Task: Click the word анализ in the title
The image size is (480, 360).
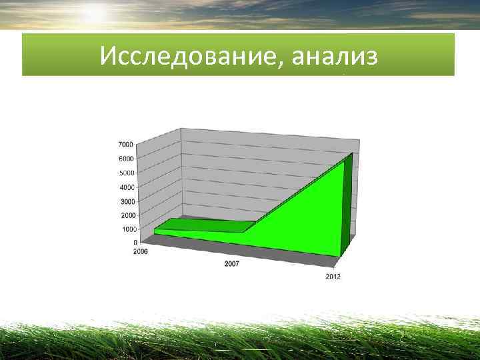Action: (x=334, y=56)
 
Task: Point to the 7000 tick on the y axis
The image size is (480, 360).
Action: (x=125, y=144)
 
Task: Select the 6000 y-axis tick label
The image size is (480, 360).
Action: (x=126, y=159)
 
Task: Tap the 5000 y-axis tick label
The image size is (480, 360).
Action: (x=127, y=173)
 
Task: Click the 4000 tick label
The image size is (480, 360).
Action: (x=127, y=187)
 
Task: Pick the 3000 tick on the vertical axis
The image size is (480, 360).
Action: (x=127, y=201)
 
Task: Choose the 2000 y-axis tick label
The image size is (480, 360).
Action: (x=128, y=215)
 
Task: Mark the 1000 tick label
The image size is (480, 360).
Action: (x=129, y=229)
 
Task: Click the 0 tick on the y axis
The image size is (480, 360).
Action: (x=135, y=243)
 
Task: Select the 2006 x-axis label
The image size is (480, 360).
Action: (x=141, y=252)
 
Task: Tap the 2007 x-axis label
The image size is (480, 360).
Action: (x=232, y=264)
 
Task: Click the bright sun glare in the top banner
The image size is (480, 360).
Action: (x=94, y=13)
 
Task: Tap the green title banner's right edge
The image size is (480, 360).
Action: (x=454, y=55)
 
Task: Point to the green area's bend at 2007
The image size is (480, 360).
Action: (x=244, y=231)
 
